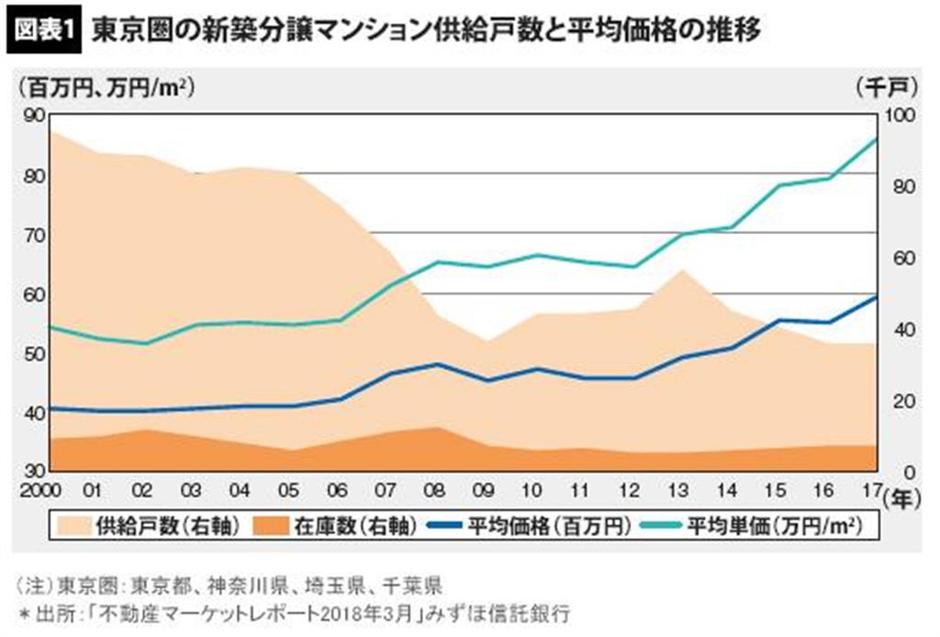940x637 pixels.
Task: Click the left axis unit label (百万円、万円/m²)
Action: pos(106,88)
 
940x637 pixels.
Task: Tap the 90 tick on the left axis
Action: pos(35,116)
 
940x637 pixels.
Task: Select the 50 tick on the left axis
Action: pos(35,354)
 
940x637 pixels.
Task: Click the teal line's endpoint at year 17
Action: pos(878,140)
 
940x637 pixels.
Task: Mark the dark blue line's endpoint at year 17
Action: pos(878,296)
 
